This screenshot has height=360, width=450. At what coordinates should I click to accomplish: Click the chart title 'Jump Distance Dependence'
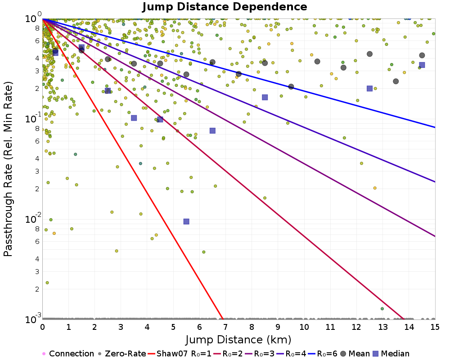pyautogui.click(x=225, y=7)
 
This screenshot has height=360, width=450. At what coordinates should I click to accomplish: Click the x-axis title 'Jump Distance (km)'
pyautogui.click(x=238, y=339)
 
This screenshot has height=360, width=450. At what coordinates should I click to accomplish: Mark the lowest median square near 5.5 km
pyautogui.click(x=186, y=221)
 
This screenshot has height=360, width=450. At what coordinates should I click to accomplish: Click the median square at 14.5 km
pyautogui.click(x=422, y=65)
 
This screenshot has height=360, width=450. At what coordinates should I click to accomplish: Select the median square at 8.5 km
pyautogui.click(x=265, y=97)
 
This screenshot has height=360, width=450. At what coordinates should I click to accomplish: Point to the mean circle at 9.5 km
pyautogui.click(x=291, y=86)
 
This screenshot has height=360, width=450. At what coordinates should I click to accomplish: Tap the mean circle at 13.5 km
pyautogui.click(x=396, y=81)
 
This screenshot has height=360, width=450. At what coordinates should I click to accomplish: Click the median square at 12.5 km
pyautogui.click(x=370, y=89)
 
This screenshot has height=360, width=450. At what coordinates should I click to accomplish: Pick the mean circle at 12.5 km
pyautogui.click(x=370, y=54)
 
